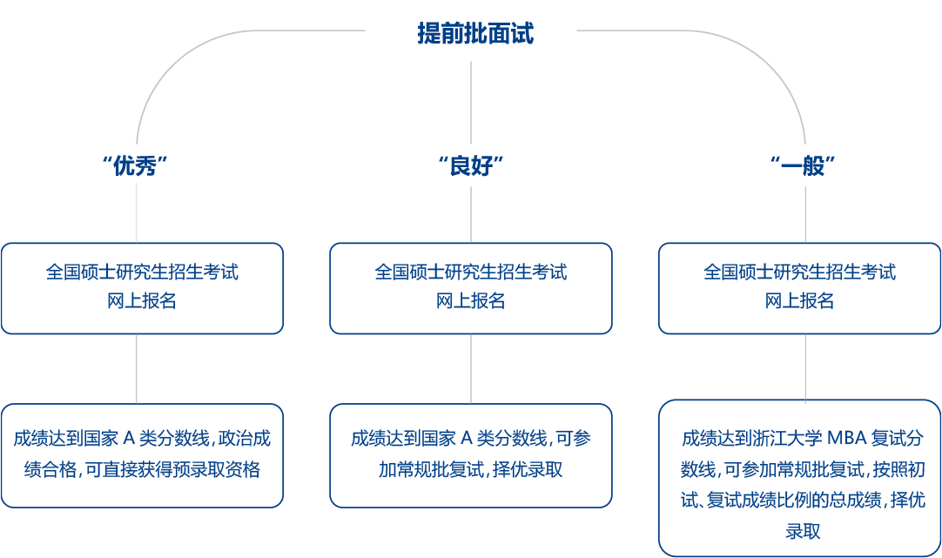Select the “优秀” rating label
pyautogui.click(x=136, y=166)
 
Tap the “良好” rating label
pyautogui.click(x=471, y=166)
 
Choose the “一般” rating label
pyautogui.click(x=805, y=166)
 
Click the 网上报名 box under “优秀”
pyautogui.click(x=142, y=287)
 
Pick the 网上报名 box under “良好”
pyautogui.click(x=471, y=287)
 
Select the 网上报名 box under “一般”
pyautogui.click(x=799, y=287)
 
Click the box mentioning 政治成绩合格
pyautogui.click(x=142, y=454)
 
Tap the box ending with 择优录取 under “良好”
pyautogui.click(x=471, y=454)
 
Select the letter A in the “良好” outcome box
pyautogui.click(x=465, y=438)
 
